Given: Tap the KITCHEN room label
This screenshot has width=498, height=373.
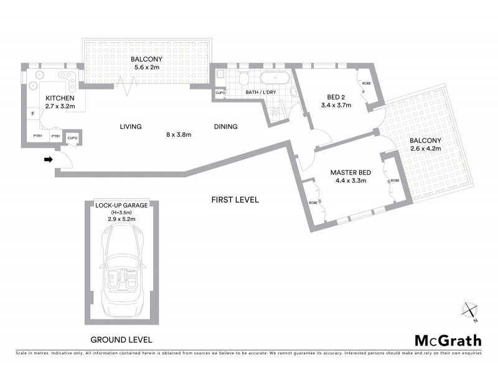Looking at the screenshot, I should pos(59,98).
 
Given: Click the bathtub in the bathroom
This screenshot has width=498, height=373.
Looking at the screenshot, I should pos(274,79).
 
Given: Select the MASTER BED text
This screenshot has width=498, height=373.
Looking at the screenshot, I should pos(348,172).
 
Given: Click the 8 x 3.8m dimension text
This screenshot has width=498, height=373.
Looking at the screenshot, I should pos(179,134).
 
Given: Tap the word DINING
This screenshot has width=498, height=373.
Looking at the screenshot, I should pos(225,127).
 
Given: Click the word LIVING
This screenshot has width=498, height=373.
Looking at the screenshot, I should pos(131,127).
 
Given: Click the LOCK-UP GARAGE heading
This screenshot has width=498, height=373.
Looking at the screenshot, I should pos(121,205).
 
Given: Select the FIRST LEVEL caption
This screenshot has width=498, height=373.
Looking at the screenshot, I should pos(235,200).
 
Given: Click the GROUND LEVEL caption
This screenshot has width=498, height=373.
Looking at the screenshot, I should pos(121,340).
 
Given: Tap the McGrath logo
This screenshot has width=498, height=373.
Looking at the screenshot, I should pos(448,340).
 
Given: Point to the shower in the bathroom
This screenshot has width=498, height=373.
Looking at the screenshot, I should pos(275,111).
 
